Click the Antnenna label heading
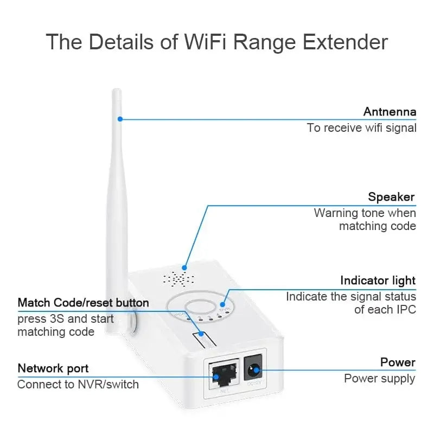[x=389, y=112]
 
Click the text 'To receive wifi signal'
[x=361, y=128]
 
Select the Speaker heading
[x=391, y=197]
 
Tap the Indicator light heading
[x=378, y=280]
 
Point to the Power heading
[x=398, y=362]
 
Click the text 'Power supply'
[x=380, y=378]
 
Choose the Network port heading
[x=53, y=368]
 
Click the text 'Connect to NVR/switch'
[x=78, y=385]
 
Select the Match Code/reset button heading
[x=83, y=302]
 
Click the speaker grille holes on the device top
[x=178, y=279]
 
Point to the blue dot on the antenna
[x=120, y=119]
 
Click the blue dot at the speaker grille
[x=185, y=267]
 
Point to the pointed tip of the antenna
[x=116, y=91]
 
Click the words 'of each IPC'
[x=385, y=310]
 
